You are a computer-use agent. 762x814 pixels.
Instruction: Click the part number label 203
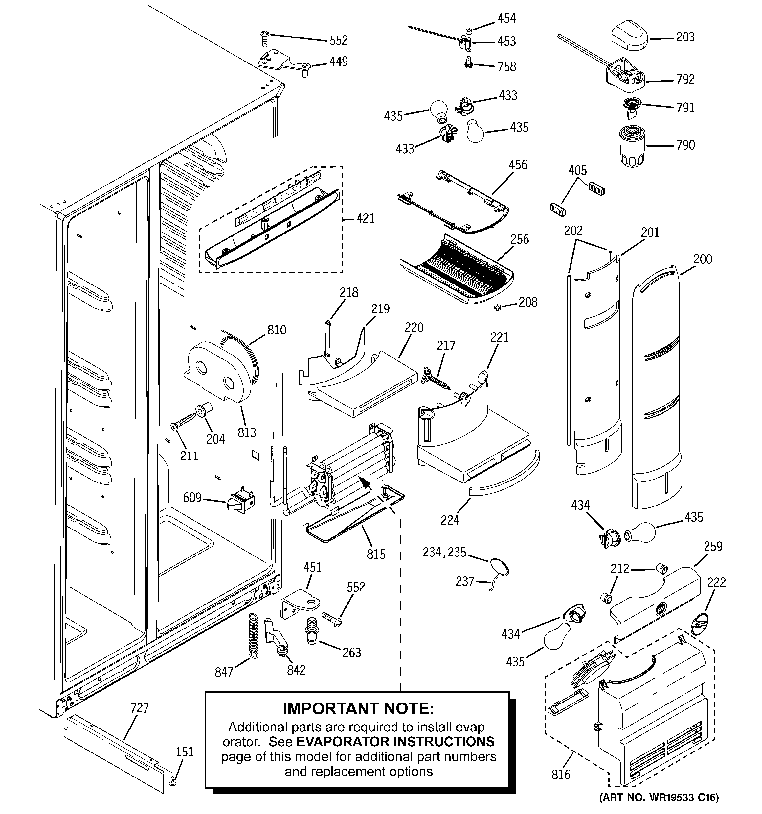685,37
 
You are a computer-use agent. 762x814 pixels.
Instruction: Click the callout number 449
338,62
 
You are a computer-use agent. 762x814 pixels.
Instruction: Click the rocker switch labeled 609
240,502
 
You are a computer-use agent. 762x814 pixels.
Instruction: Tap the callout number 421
365,219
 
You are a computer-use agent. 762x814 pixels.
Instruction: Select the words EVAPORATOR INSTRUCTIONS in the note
395,742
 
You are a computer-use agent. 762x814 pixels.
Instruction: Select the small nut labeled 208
497,307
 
